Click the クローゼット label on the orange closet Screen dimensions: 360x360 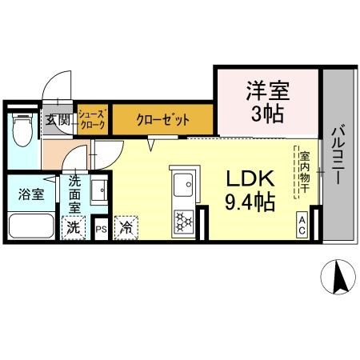(162, 121)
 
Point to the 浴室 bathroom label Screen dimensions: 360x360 (26, 193)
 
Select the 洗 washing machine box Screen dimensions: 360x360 (74, 227)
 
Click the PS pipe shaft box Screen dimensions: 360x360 (102, 227)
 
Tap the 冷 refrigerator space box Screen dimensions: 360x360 (126, 227)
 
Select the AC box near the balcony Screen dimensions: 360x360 (303, 223)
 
